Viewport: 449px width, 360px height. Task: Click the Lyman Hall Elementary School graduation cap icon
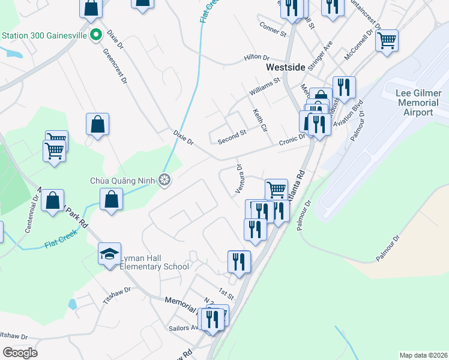coord(110,254)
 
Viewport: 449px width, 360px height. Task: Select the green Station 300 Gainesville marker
coord(95,35)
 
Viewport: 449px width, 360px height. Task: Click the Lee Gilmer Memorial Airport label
coord(419,103)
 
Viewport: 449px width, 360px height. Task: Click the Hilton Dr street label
coord(257,57)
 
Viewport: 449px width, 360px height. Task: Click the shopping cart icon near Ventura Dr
coord(276,190)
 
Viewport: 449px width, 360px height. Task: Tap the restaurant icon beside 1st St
coord(239,262)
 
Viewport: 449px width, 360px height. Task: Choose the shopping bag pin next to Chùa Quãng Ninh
coord(112,199)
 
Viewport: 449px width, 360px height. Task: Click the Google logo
coord(20,353)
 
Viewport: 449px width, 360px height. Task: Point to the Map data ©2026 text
coord(423,355)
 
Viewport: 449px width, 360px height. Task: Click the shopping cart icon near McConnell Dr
coord(387,41)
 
